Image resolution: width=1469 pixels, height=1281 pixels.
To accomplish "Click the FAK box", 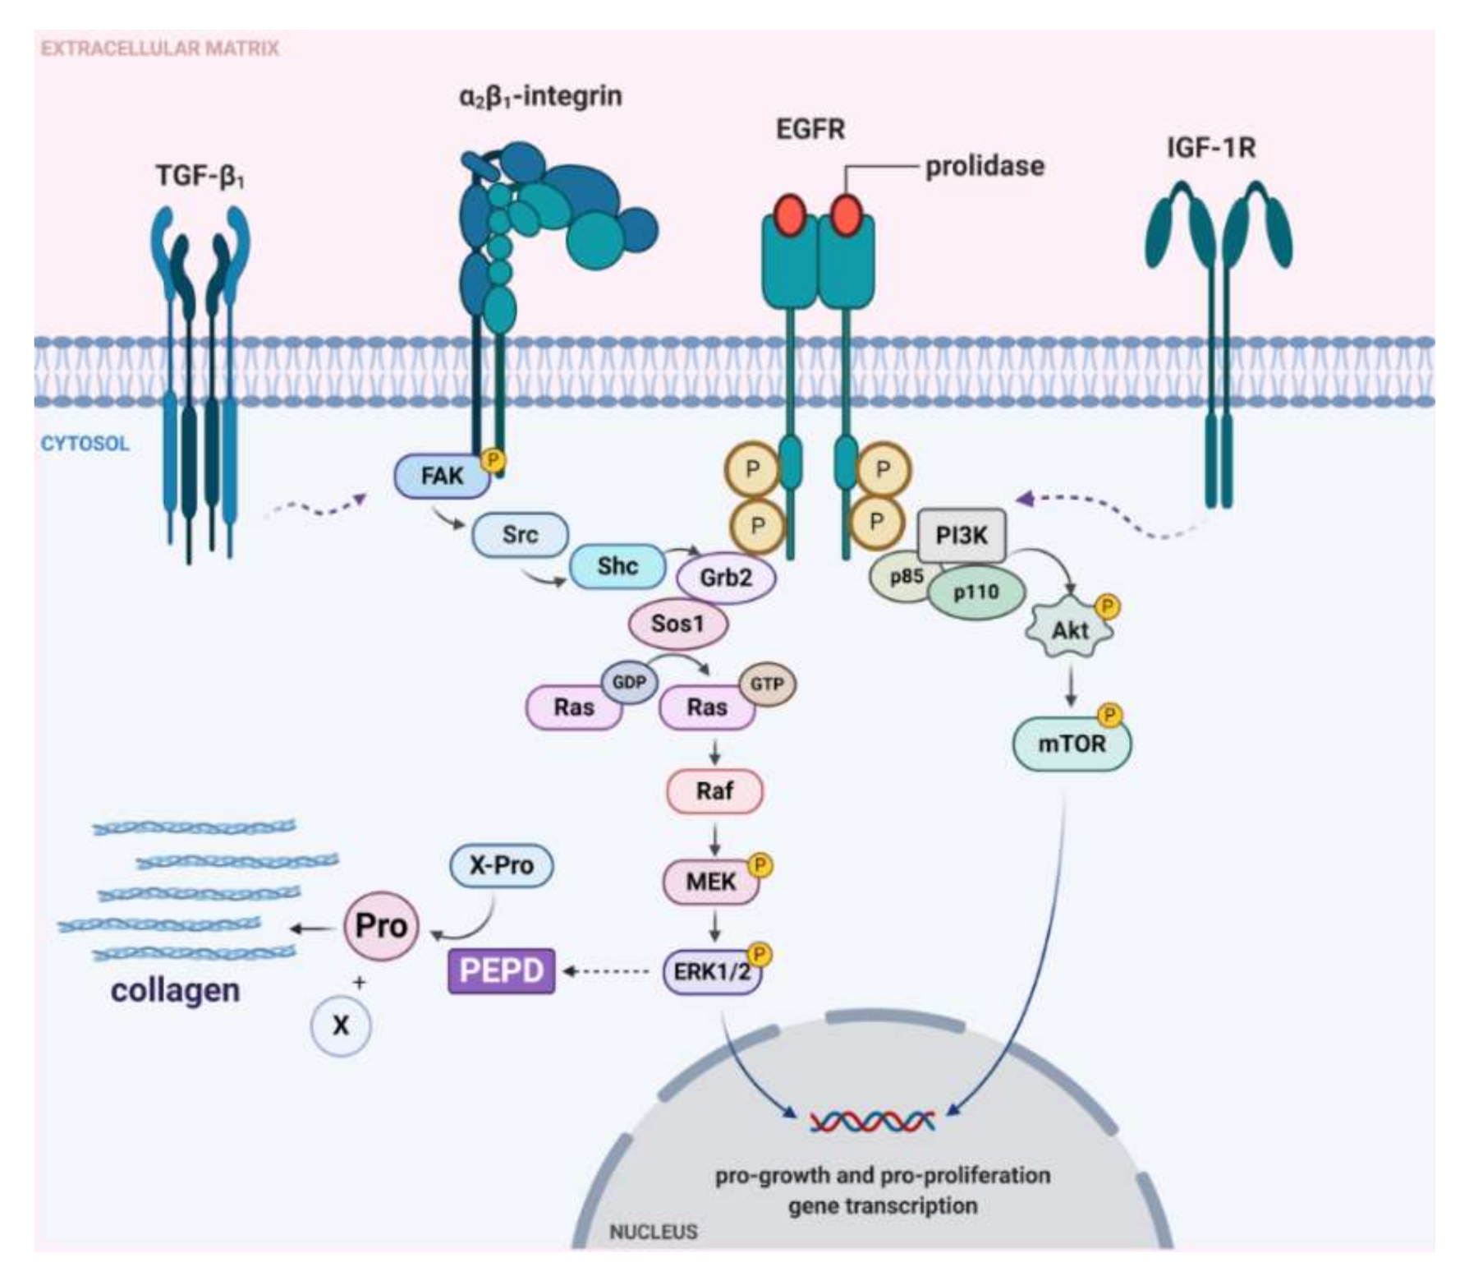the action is tap(442, 476).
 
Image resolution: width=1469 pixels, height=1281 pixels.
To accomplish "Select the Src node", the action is tap(520, 535).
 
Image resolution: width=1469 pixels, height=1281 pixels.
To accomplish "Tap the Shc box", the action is tap(617, 566).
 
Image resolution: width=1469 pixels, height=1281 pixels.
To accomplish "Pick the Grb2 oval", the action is tap(726, 578).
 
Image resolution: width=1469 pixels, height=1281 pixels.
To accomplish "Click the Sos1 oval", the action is tap(677, 624).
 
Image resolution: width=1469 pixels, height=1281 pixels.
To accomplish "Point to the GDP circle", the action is tap(629, 682).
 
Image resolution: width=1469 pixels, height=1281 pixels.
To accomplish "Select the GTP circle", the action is tap(767, 684).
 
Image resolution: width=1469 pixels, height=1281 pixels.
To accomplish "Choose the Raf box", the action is tap(714, 791).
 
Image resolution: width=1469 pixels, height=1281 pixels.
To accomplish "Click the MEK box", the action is tap(711, 882).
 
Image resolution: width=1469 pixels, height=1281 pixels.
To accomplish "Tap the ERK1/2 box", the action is tap(712, 972).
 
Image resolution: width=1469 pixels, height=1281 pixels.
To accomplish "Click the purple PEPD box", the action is tap(501, 970).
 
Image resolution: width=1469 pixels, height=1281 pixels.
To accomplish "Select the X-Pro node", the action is tap(501, 865).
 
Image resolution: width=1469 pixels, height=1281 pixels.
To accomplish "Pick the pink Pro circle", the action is tap(381, 926).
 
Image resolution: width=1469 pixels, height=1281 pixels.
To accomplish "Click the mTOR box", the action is tap(1072, 744).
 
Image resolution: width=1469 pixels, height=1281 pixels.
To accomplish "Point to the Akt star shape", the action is tap(1070, 630).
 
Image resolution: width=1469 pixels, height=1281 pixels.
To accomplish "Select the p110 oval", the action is tap(976, 592).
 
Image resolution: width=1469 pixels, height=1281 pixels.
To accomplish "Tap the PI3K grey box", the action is tap(962, 536).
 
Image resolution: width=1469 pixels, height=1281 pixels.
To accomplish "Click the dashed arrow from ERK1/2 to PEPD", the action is tap(605, 972).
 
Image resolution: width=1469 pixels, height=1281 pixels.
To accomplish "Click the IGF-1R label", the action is tap(1211, 148).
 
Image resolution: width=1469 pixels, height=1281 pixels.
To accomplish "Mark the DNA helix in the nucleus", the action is tap(872, 1121).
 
